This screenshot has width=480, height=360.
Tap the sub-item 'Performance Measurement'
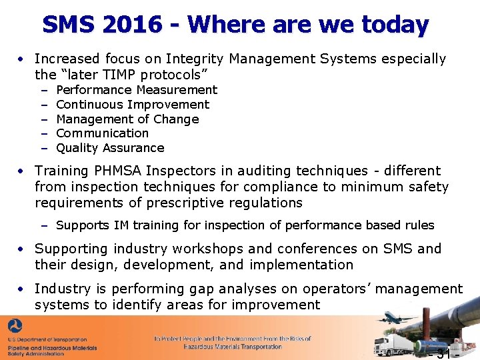point(137,90)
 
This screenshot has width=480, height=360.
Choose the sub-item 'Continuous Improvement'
point(133,105)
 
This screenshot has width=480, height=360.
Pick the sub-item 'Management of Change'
point(127,119)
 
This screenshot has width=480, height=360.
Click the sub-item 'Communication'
point(103,133)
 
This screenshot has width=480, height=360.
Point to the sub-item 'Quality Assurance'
point(110,148)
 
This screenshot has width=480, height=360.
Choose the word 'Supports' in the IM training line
point(81,225)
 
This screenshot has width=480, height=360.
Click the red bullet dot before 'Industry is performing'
point(22,289)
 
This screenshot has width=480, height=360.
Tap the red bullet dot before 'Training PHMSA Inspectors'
point(22,171)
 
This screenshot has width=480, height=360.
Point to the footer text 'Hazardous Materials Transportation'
point(232,347)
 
